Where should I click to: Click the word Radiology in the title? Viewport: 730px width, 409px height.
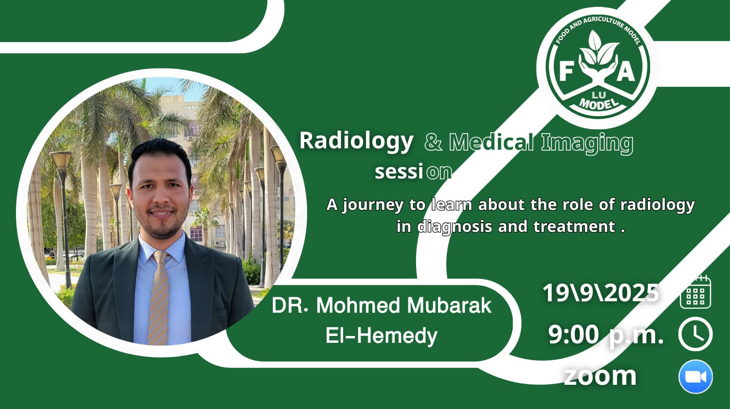(x=356, y=141)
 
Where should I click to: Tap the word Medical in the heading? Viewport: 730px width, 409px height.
(x=491, y=142)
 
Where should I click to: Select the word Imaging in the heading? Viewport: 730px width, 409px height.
(x=587, y=143)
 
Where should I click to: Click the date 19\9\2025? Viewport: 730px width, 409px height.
(x=600, y=293)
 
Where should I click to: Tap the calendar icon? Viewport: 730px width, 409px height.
(x=695, y=292)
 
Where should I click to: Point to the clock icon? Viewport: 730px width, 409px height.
(x=695, y=334)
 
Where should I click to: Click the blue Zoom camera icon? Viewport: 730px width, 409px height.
(x=695, y=377)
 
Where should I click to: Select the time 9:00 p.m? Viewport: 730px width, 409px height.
(x=605, y=335)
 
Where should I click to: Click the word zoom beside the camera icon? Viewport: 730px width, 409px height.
(x=600, y=376)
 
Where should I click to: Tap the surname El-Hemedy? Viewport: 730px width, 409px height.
(x=381, y=336)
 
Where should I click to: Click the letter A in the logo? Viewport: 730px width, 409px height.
(x=626, y=71)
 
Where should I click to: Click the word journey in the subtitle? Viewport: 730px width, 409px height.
(x=373, y=205)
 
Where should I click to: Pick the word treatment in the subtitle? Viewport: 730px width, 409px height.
(x=574, y=226)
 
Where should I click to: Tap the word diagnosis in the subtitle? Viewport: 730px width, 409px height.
(x=454, y=227)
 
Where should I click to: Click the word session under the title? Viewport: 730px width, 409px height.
(x=413, y=172)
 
